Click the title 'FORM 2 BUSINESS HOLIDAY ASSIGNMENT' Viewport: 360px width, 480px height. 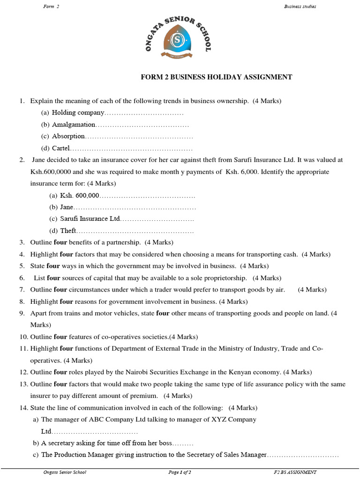217,77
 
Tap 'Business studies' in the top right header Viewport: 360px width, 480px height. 300,6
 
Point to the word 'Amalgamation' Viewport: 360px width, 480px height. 74,125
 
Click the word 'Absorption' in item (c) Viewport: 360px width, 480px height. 68,136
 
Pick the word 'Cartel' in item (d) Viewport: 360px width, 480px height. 60,148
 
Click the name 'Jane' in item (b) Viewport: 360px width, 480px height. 67,207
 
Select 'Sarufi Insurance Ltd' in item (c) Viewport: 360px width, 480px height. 90,218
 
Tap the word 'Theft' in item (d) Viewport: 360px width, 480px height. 68,231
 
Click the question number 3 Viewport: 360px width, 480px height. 22,242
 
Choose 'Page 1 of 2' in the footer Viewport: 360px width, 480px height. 180,472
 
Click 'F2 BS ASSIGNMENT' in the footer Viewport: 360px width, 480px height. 295,472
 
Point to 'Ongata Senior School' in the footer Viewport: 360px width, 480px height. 65,472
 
